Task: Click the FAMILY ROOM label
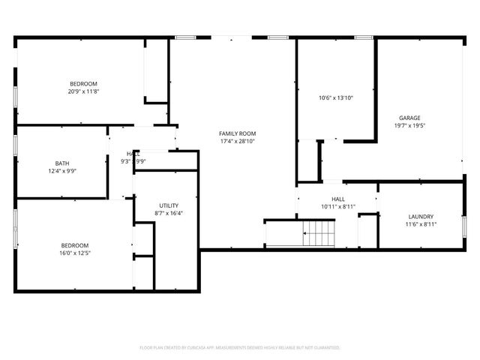237,133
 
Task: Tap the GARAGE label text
409,118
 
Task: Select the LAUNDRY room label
421,216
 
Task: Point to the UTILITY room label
169,205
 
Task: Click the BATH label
61,163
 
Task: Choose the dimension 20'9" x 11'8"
83,91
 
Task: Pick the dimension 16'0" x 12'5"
74,253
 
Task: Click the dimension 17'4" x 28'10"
237,141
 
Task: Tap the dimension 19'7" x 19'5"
409,126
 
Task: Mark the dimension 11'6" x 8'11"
421,224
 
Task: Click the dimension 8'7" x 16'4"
169,213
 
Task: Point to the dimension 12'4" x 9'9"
61,171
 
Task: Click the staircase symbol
319,233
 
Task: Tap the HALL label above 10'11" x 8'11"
337,199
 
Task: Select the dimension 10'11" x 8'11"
337,207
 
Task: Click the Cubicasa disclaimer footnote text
240,348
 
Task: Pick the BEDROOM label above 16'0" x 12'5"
74,245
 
